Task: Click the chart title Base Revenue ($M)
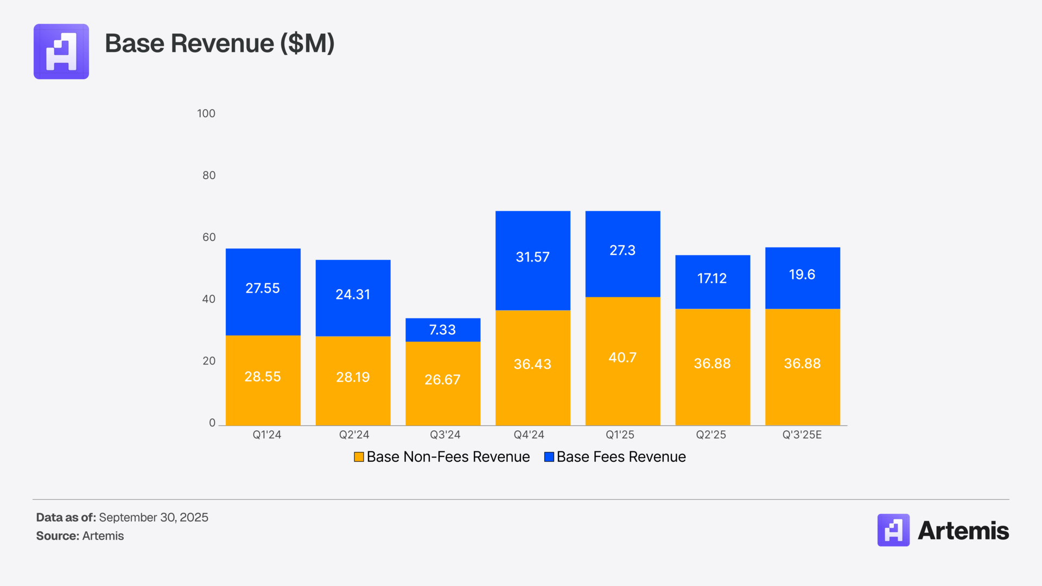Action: click(x=219, y=43)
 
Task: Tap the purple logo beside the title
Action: click(x=61, y=52)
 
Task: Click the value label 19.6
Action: click(x=802, y=275)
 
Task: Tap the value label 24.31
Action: click(x=353, y=295)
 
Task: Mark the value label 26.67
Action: click(x=442, y=380)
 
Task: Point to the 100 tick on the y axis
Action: click(x=206, y=113)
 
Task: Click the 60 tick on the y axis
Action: click(x=209, y=237)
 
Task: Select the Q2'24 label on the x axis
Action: click(x=354, y=435)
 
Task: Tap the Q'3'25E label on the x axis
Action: click(x=802, y=435)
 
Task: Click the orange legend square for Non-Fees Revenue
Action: click(x=359, y=457)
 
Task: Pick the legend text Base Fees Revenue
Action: click(x=621, y=457)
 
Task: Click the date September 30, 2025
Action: click(x=154, y=518)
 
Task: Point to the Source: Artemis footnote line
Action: click(x=80, y=536)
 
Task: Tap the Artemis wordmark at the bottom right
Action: click(x=963, y=531)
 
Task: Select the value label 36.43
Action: click(x=532, y=364)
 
